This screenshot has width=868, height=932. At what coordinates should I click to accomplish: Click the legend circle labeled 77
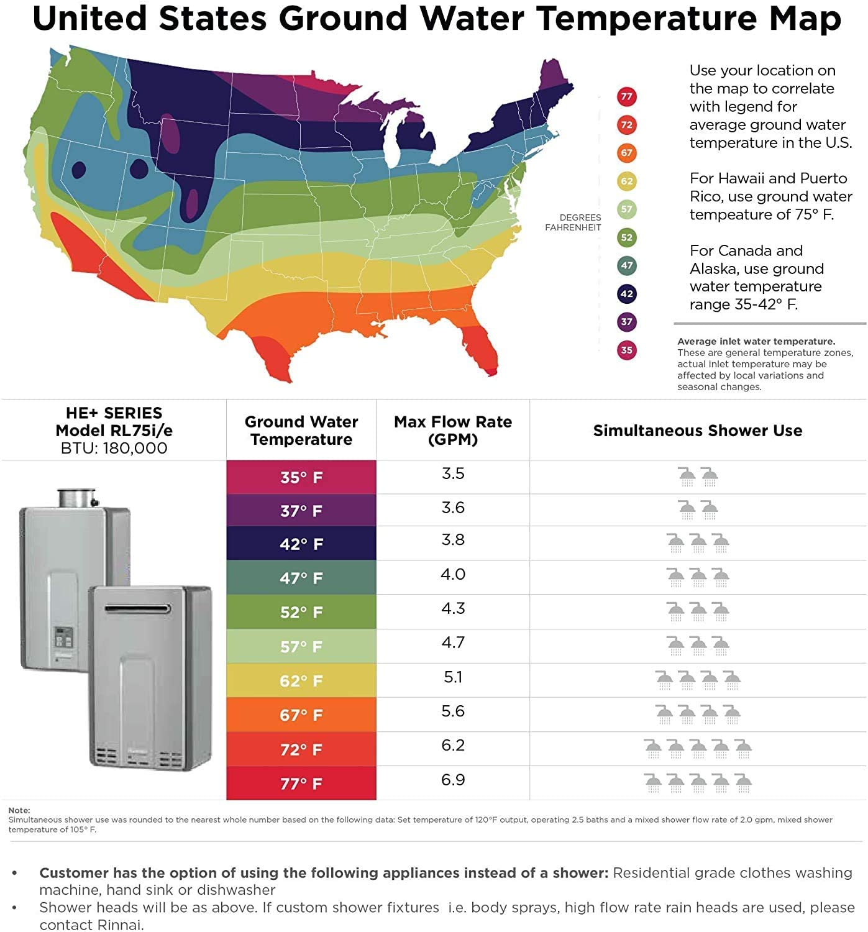pyautogui.click(x=626, y=96)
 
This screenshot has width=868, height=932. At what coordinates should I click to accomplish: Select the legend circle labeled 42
pyautogui.click(x=626, y=294)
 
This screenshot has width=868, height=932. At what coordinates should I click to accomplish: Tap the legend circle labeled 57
pyautogui.click(x=626, y=209)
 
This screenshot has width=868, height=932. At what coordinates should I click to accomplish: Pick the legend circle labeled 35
pyautogui.click(x=626, y=350)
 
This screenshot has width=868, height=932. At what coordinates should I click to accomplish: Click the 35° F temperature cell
pyautogui.click(x=301, y=477)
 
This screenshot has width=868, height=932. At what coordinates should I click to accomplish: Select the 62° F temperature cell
pyautogui.click(x=301, y=680)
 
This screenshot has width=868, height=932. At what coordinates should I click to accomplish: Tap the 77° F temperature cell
pyautogui.click(x=301, y=783)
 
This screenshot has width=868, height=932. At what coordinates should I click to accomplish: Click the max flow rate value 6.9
pyautogui.click(x=453, y=780)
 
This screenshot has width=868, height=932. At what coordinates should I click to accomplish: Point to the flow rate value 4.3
pyautogui.click(x=453, y=608)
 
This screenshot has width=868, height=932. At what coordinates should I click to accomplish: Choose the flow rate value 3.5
pyautogui.click(x=453, y=473)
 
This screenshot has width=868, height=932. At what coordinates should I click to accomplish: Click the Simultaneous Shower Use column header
pyautogui.click(x=697, y=431)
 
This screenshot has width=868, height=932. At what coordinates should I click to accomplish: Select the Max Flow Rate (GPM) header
pyautogui.click(x=453, y=431)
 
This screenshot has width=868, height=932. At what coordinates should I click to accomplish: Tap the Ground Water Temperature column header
pyautogui.click(x=301, y=431)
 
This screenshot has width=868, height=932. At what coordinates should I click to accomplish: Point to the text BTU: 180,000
pyautogui.click(x=114, y=448)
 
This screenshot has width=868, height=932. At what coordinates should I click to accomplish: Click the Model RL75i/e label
pyautogui.click(x=114, y=431)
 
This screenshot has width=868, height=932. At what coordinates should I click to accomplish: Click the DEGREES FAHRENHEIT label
pyautogui.click(x=573, y=222)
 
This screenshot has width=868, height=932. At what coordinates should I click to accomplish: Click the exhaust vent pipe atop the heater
pyautogui.click(x=76, y=498)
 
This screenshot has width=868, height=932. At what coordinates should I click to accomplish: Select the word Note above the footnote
pyautogui.click(x=19, y=810)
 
